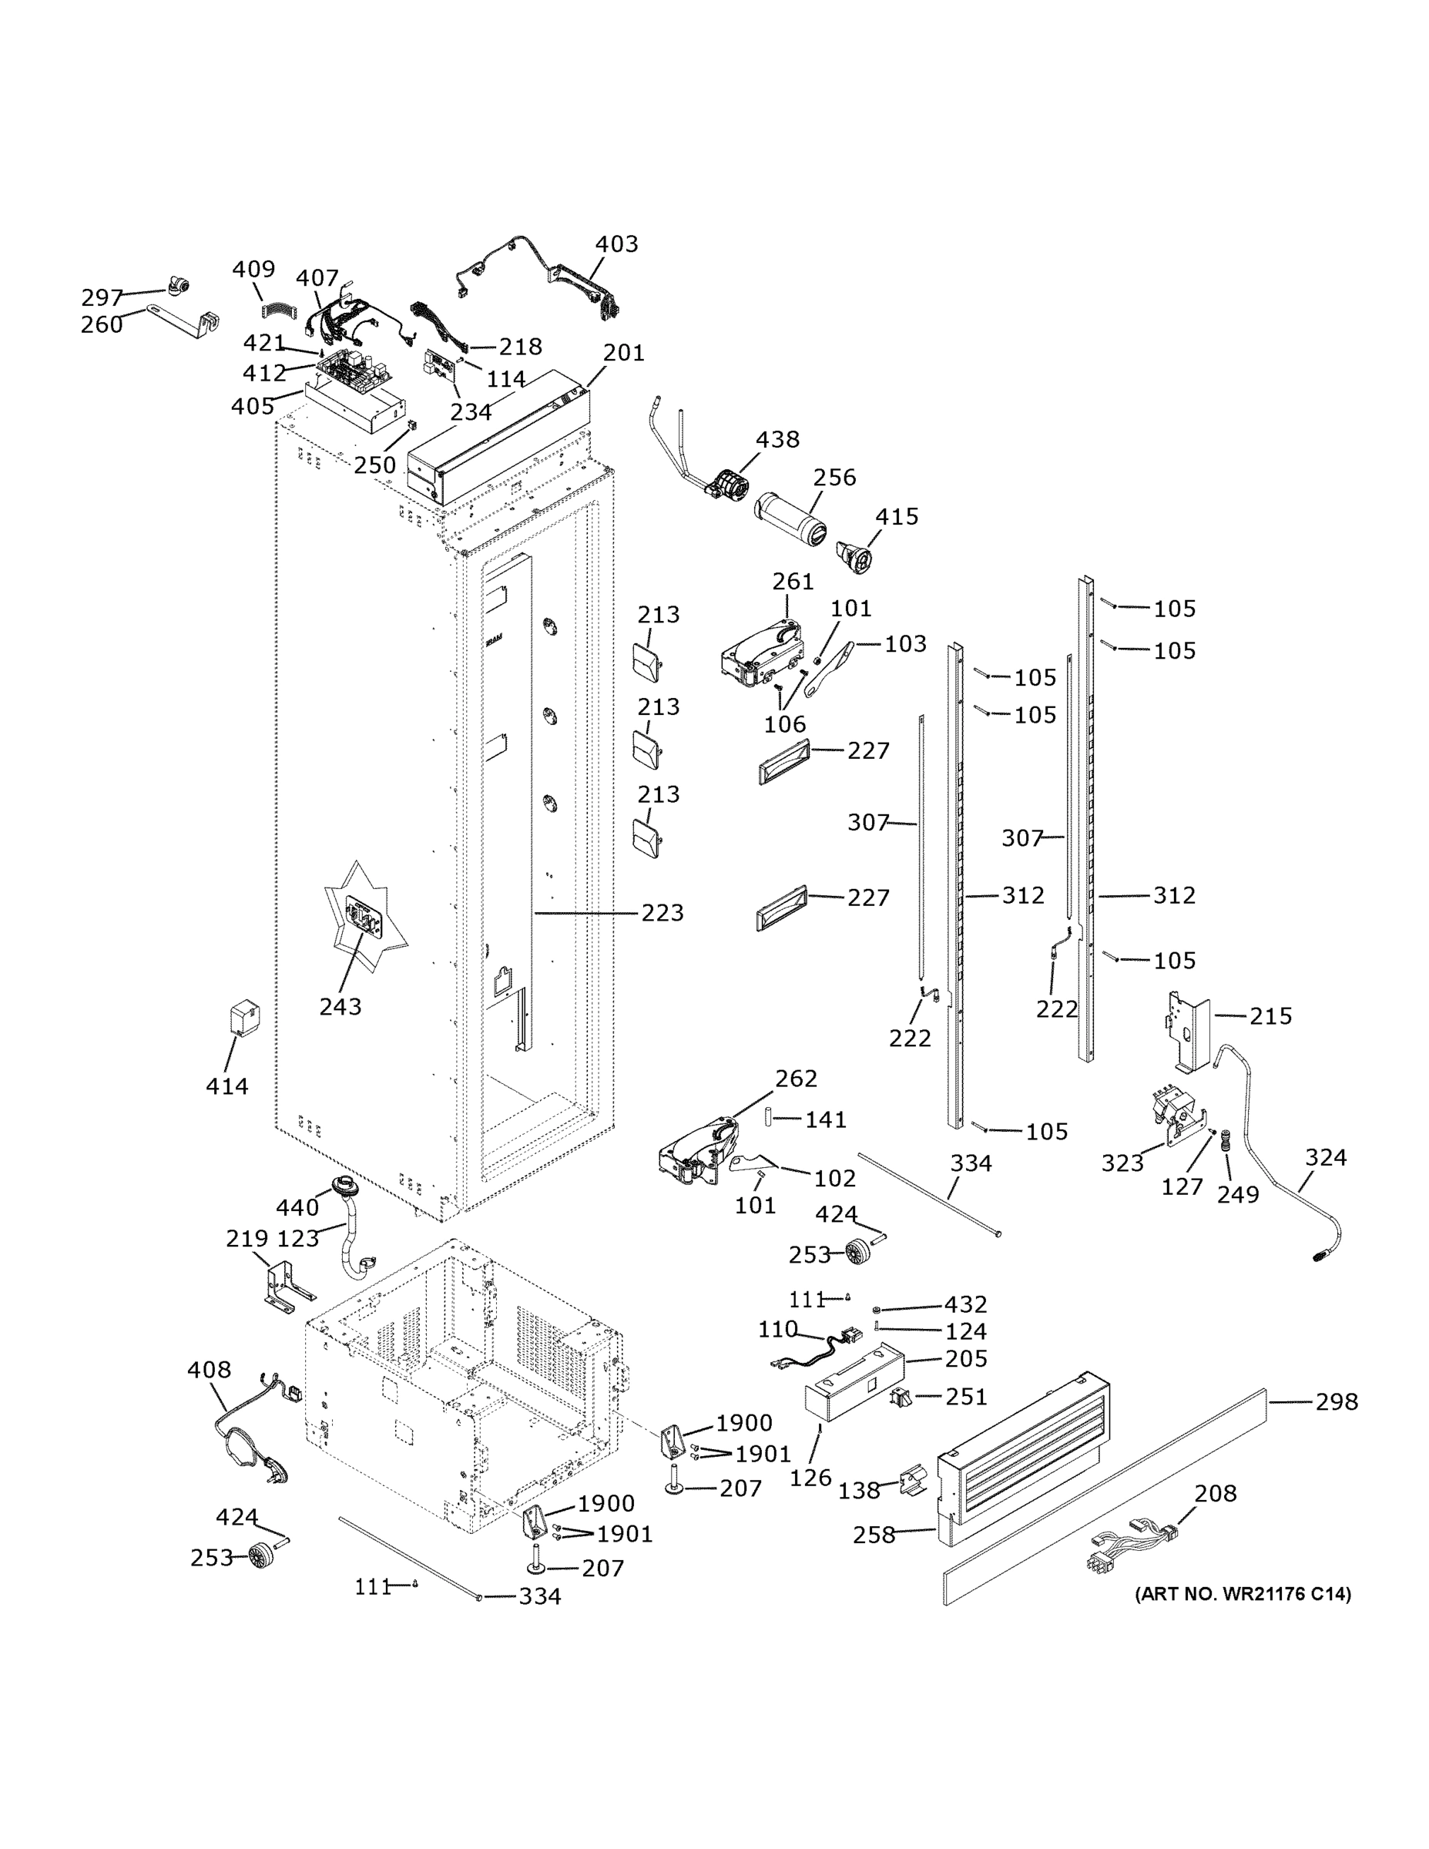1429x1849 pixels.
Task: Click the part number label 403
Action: [616, 243]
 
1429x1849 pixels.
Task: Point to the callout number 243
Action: [340, 1007]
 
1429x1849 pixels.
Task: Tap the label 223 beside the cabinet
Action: [662, 913]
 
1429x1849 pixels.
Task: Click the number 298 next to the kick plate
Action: [1336, 1403]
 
